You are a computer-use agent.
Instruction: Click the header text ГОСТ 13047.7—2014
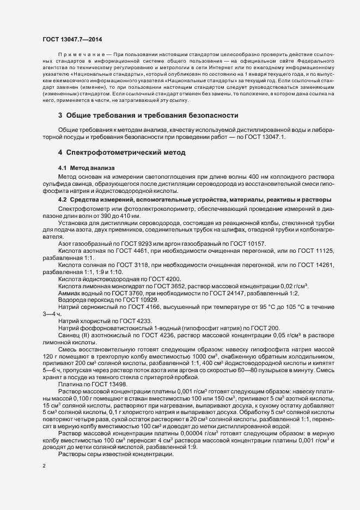coord(71,39)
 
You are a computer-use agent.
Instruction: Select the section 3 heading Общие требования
coord(148,116)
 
